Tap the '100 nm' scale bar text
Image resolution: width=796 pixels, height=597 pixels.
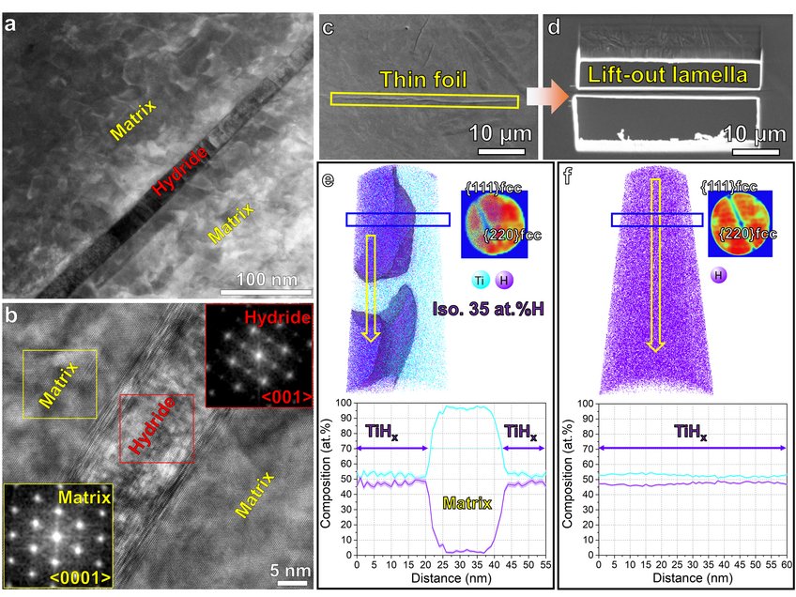point(266,280)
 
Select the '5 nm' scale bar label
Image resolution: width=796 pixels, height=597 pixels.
point(291,569)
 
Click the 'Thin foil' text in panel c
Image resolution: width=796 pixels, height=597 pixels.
point(422,83)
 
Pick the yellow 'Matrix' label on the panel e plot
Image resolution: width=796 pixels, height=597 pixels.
point(467,504)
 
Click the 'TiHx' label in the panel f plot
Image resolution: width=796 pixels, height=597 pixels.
point(691,434)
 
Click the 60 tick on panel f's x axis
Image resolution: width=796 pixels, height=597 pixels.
point(787,566)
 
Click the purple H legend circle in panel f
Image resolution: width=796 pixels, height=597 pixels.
point(720,275)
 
